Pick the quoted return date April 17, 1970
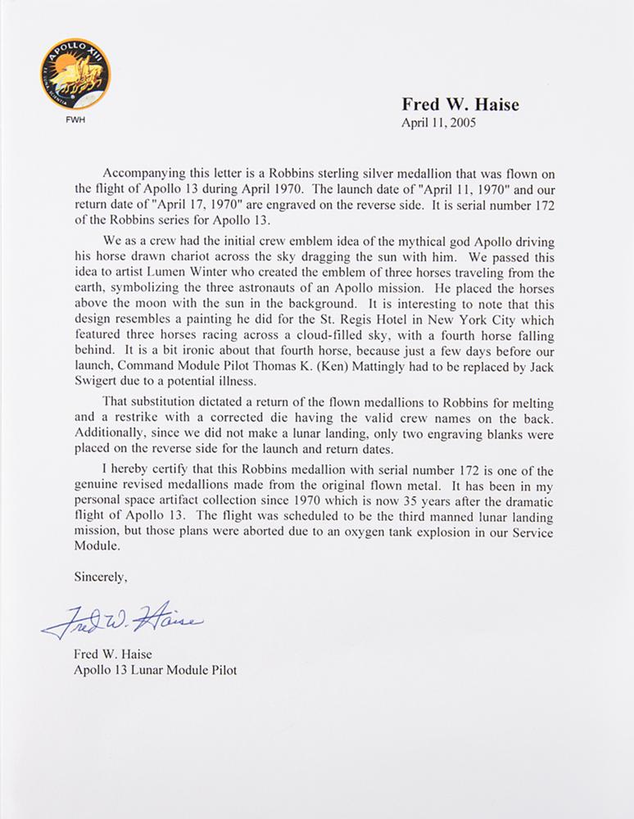[x=136, y=206]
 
